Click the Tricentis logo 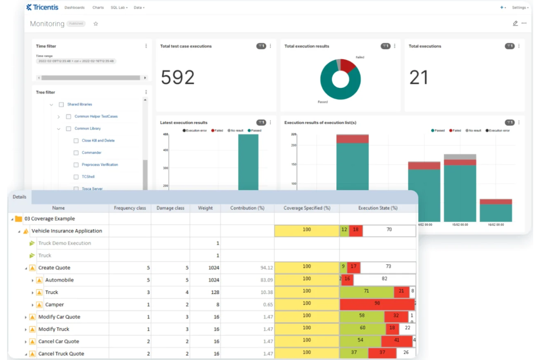tap(42, 7)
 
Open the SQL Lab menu tap(119, 8)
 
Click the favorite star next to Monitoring tap(96, 24)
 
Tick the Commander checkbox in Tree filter tap(76, 153)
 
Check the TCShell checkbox tap(76, 177)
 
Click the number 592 tap(178, 77)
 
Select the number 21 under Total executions tap(418, 77)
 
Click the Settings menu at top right tap(520, 8)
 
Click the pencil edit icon tap(515, 23)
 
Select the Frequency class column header tap(130, 208)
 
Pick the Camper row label tap(54, 305)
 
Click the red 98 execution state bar tap(377, 303)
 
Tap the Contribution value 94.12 tap(266, 268)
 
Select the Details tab tap(19, 197)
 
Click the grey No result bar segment tap(460, 157)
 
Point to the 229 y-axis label tap(293, 134)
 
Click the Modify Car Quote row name tap(59, 317)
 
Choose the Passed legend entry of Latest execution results tap(255, 131)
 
